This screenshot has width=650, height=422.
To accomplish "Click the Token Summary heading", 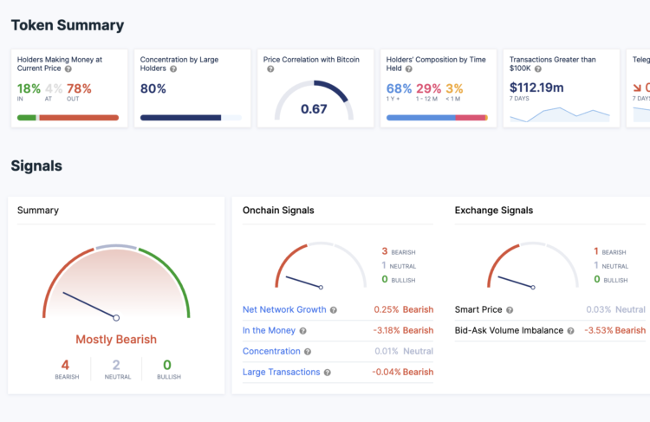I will coord(67,25).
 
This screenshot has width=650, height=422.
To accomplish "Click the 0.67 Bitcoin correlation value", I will coord(314,108).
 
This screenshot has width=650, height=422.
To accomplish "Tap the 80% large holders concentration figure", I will coord(153,88).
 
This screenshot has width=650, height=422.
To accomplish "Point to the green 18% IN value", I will coord(29,88).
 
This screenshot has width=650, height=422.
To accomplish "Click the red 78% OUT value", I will coord(79,88).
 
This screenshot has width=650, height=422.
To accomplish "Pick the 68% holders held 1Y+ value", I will coord(399,88).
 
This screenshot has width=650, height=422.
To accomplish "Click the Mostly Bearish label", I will coord(116,340).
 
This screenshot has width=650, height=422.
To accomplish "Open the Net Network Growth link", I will coord(284,309).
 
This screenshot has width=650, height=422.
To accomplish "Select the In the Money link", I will coord(269,330).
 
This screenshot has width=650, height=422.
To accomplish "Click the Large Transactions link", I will coord(281,372).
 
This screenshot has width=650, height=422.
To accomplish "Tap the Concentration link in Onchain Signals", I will coord(271,351).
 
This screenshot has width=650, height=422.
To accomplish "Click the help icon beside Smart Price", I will coord(510,309).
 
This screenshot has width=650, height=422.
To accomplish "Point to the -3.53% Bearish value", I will coord(614,330).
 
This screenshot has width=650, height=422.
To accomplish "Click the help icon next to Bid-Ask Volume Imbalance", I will coord(572,330).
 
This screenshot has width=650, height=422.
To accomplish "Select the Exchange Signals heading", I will coord(493,211).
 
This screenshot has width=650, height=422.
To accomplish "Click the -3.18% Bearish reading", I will coord(403,330).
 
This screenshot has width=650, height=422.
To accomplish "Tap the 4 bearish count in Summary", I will coord(65,365).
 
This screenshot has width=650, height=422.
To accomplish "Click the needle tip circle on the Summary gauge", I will coord(116,318).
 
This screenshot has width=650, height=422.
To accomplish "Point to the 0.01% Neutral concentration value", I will coord(403,351).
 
